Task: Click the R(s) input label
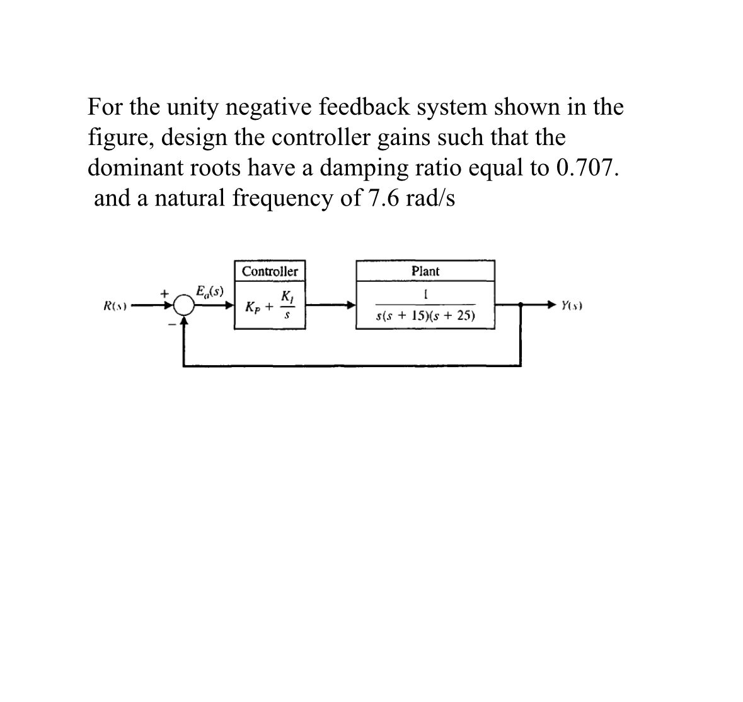[x=115, y=305]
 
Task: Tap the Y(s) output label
[x=572, y=305]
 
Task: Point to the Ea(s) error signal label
[x=210, y=291]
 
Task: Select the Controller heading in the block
[x=270, y=271]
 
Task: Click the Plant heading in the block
[x=425, y=271]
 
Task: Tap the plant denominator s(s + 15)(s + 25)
[x=425, y=315]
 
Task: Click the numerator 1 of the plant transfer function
[x=425, y=295]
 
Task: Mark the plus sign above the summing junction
[x=164, y=294]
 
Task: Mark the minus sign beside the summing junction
[x=171, y=324]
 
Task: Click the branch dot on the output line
[x=521, y=305]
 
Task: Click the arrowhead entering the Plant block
[x=351, y=305]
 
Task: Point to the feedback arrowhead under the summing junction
[x=184, y=320]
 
